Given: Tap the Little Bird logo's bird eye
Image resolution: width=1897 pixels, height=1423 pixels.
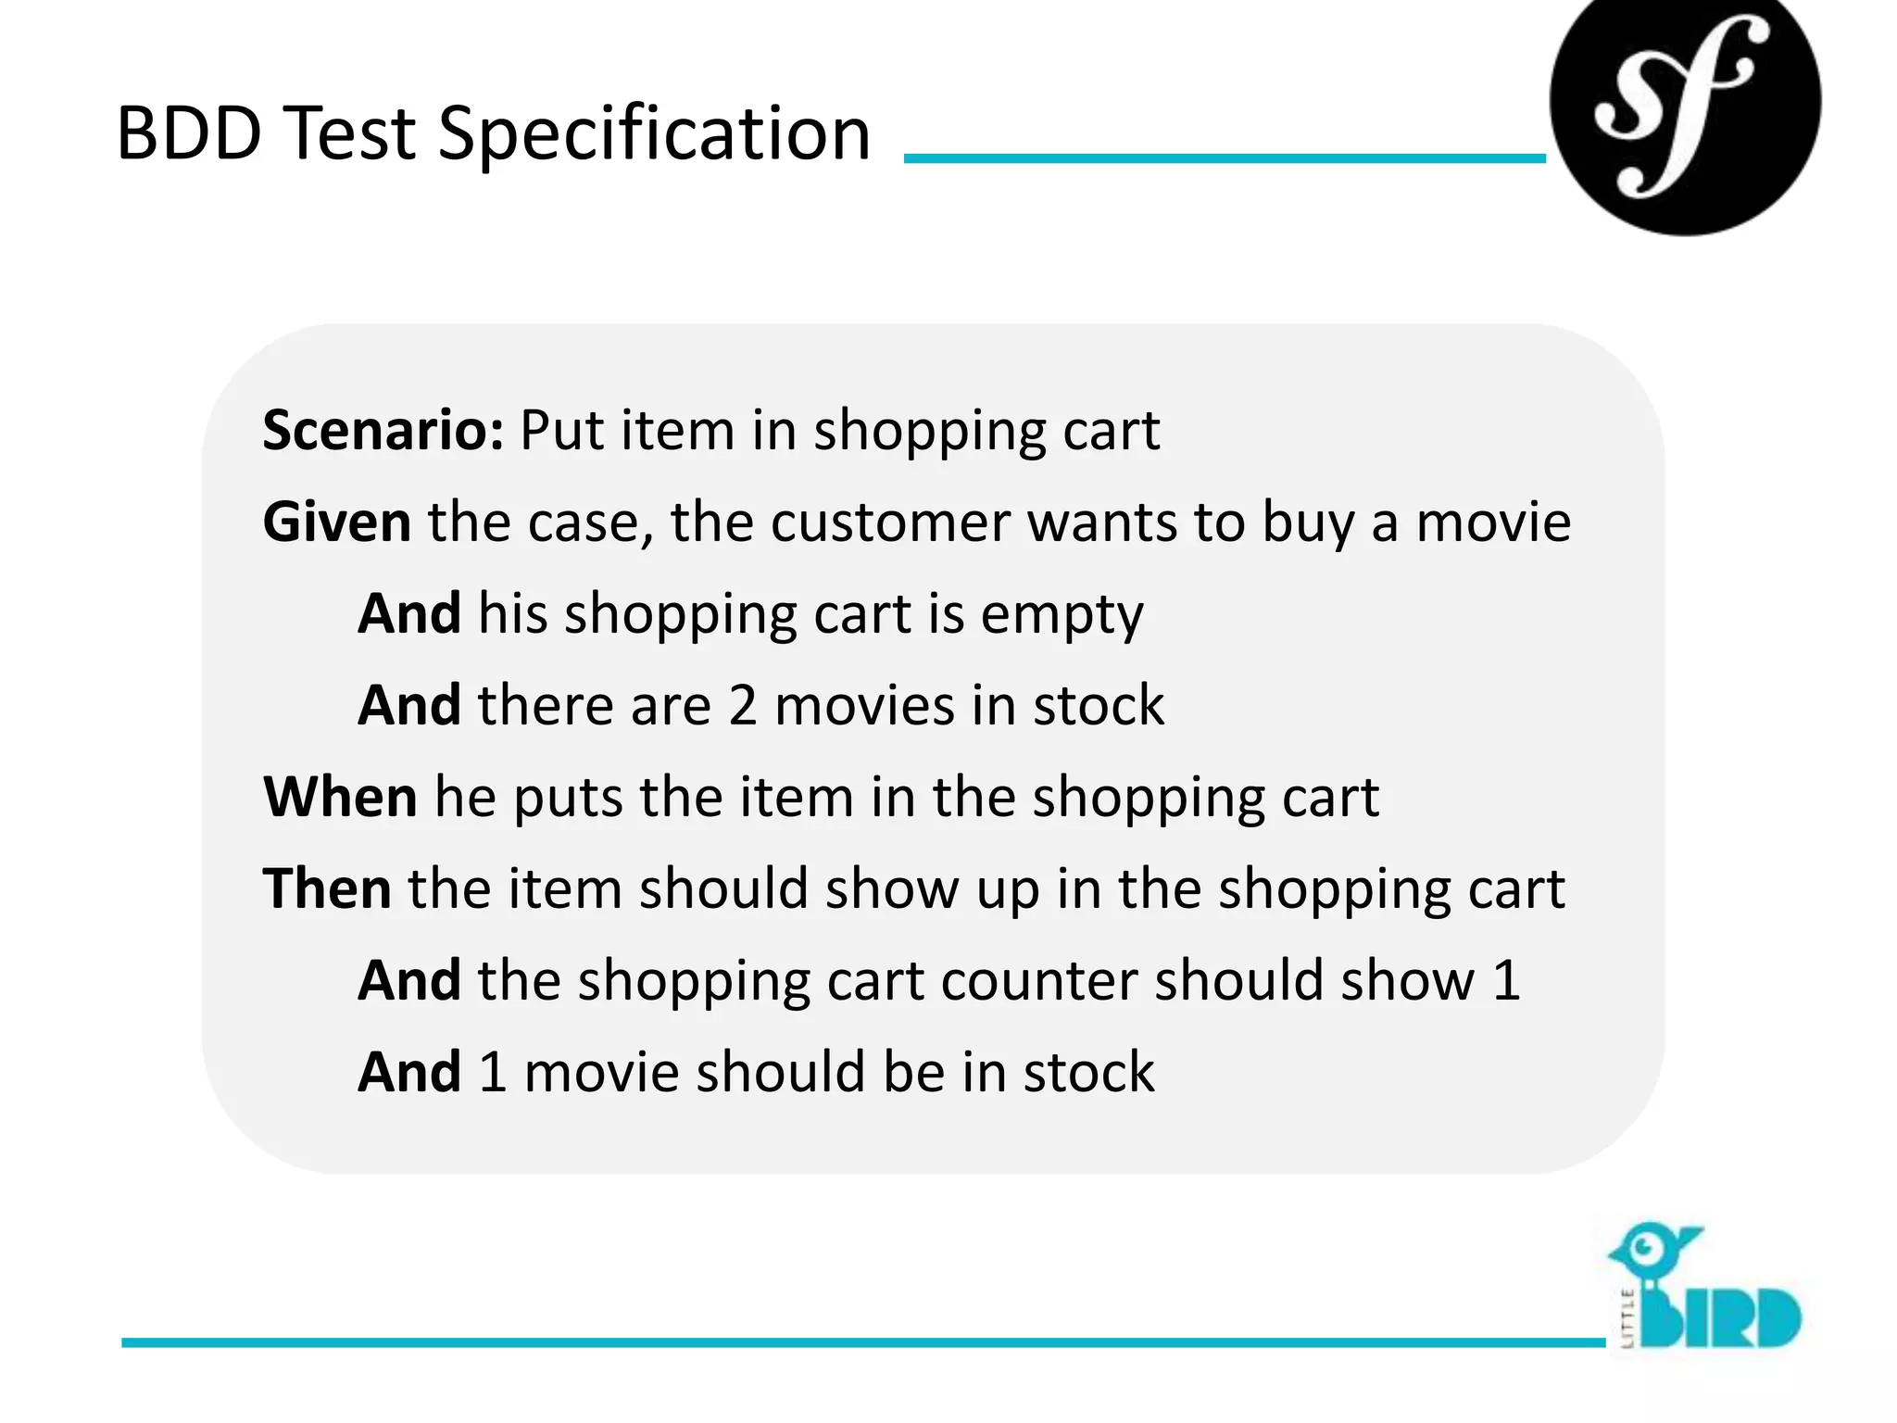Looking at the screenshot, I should click(x=1645, y=1246).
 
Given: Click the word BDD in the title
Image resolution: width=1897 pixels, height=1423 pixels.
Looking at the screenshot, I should click(x=189, y=133).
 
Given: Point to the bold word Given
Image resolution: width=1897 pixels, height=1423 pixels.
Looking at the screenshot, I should click(x=337, y=522).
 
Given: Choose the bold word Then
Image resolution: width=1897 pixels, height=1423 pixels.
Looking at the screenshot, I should click(x=327, y=888).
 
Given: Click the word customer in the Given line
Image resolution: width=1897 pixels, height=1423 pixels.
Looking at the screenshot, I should click(x=890, y=522).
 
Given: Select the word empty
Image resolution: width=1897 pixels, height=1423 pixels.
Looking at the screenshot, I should click(x=1062, y=615).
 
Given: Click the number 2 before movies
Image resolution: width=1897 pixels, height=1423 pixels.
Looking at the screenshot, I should click(x=743, y=706).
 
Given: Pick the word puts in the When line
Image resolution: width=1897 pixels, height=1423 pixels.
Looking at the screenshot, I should click(x=568, y=799).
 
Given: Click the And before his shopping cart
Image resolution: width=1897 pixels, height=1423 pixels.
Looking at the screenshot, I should click(x=409, y=613).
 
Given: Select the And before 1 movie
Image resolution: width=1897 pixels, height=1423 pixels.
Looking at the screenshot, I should click(x=409, y=1072).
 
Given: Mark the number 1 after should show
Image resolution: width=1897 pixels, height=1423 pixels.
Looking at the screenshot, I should click(x=1506, y=980).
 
